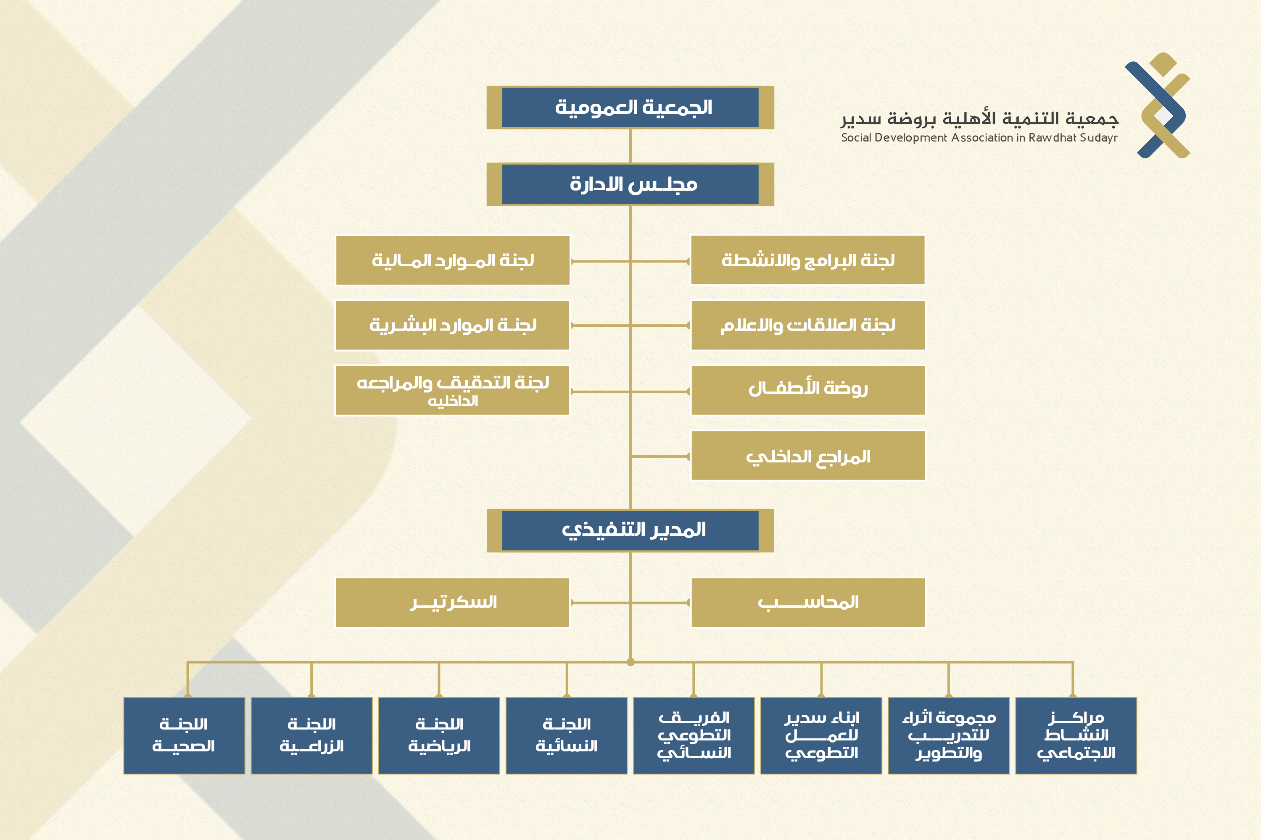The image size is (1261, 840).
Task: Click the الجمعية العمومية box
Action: (630, 107)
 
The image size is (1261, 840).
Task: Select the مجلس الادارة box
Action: (630, 184)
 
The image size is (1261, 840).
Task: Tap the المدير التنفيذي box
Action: (630, 530)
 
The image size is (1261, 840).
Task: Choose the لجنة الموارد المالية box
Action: (453, 260)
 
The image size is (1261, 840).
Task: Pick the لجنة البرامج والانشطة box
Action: (808, 260)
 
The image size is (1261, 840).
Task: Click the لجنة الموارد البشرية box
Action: (453, 325)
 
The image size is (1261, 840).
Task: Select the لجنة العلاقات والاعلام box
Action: (808, 325)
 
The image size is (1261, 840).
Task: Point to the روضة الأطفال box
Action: (808, 390)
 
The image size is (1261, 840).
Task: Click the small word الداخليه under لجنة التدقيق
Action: (453, 401)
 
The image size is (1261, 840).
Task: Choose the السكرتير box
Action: (453, 602)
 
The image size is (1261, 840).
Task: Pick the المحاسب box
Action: (808, 602)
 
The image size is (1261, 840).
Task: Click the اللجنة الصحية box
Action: (184, 735)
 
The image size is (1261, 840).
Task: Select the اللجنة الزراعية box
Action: (311, 735)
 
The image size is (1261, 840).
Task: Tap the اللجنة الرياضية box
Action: (439, 735)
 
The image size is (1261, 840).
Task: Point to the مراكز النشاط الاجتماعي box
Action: (1076, 735)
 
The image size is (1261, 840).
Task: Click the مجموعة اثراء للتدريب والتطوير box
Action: (948, 735)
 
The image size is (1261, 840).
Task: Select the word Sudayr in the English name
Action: (1099, 138)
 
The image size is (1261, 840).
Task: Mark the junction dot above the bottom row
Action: (630, 662)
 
